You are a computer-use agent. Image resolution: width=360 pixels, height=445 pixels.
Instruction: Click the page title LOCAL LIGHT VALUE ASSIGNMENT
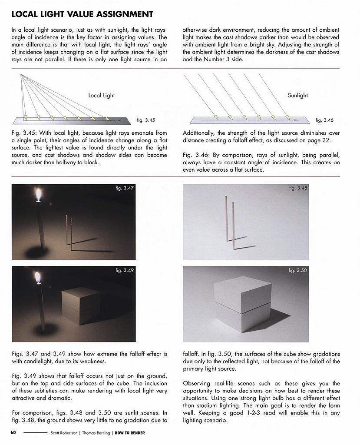click(82, 14)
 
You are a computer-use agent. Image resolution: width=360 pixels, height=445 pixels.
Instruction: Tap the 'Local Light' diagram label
click(102, 95)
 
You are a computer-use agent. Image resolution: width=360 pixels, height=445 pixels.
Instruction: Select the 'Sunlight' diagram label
click(297, 95)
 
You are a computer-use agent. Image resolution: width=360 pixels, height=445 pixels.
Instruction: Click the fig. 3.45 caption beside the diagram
click(146, 120)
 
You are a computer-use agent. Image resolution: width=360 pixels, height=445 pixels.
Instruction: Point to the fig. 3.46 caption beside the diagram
click(324, 120)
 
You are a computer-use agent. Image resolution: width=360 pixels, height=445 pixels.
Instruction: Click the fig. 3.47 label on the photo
click(125, 188)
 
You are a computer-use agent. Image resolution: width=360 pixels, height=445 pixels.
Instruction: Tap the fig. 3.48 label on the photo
click(298, 188)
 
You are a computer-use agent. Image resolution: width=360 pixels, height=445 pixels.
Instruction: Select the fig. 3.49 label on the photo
click(125, 270)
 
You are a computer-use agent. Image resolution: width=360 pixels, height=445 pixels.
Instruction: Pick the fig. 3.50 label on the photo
click(298, 270)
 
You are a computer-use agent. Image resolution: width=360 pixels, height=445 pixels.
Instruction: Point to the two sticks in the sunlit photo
click(230, 222)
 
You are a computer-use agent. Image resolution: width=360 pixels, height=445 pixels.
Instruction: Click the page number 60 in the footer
click(13, 433)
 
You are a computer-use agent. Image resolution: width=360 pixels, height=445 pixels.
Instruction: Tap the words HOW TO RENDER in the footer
click(130, 433)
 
